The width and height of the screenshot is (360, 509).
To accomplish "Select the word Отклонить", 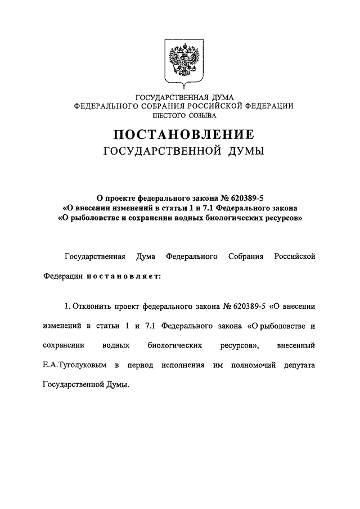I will point(92,307).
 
